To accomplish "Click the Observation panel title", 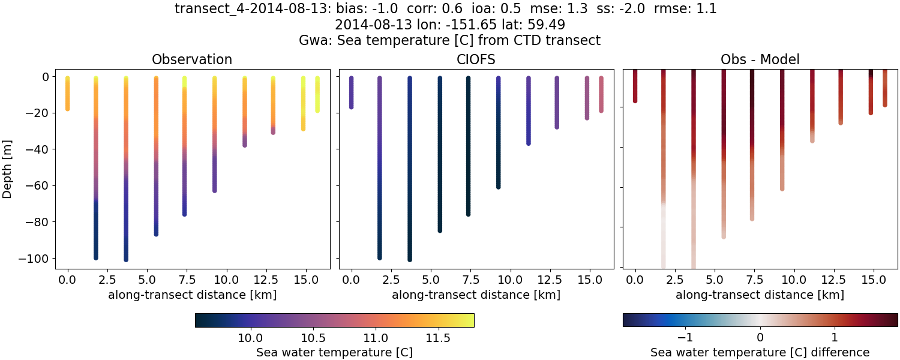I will (x=192, y=59).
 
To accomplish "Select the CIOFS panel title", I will (x=476, y=59).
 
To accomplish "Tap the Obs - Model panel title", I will (x=760, y=59).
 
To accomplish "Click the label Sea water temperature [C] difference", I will (x=760, y=352).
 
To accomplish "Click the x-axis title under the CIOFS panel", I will (x=476, y=295).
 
